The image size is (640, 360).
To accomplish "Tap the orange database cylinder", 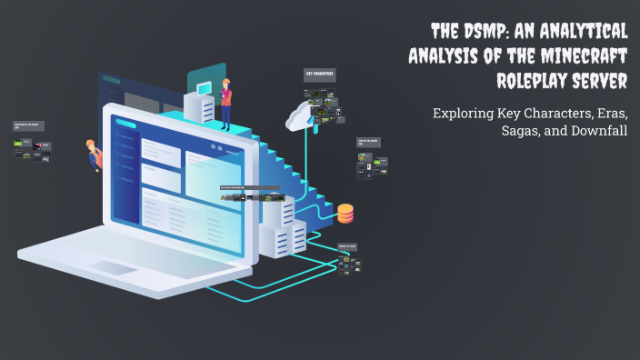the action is click(345, 214).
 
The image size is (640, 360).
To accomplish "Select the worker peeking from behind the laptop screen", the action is click(93, 155).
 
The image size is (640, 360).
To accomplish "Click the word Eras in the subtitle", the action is click(611, 115).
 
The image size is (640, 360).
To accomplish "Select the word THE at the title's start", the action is click(448, 31).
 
